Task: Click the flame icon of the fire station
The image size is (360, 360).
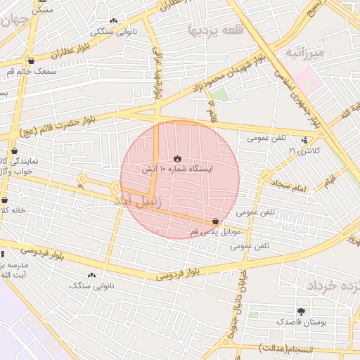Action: pos(177,158)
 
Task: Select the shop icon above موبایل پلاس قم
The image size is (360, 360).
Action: pos(214,221)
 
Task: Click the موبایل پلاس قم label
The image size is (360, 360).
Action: pos(215,231)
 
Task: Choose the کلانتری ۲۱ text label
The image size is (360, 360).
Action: pos(303,151)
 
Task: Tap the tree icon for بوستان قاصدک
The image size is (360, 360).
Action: pos(302,311)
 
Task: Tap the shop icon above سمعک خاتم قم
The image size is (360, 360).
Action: pos(30,60)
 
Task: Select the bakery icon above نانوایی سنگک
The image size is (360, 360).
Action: pos(91,275)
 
